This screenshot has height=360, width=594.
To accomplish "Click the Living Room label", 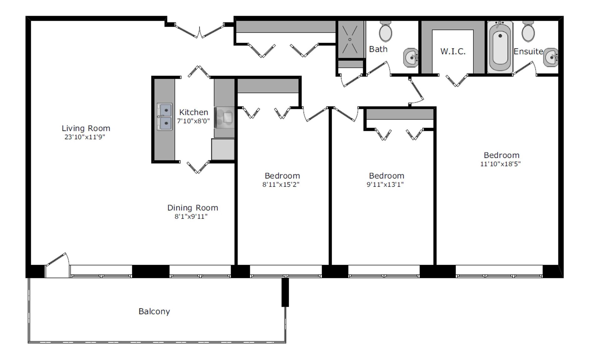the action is pyautogui.click(x=86, y=128).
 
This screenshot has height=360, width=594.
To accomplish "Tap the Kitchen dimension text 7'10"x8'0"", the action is pyautogui.click(x=193, y=121).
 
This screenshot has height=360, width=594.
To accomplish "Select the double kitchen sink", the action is pyautogui.click(x=164, y=117).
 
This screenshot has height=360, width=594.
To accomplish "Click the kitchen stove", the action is pyautogui.click(x=224, y=117).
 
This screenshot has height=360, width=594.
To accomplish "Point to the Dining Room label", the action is pyautogui.click(x=193, y=208).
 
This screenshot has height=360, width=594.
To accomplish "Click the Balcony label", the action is pyautogui.click(x=154, y=311).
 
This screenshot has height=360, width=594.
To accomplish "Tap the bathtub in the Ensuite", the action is pyautogui.click(x=500, y=47).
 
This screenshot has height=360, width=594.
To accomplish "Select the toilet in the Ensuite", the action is pyautogui.click(x=528, y=32).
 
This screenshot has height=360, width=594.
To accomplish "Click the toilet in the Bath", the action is pyautogui.click(x=385, y=32).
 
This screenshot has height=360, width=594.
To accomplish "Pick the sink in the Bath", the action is pyautogui.click(x=411, y=57).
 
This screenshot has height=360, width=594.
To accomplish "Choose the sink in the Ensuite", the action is pyautogui.click(x=551, y=57).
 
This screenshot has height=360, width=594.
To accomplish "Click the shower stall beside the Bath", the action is pyautogui.click(x=350, y=39).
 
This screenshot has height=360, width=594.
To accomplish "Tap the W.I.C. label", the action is pyautogui.click(x=453, y=51).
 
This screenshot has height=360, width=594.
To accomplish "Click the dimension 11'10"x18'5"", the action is pyautogui.click(x=500, y=164).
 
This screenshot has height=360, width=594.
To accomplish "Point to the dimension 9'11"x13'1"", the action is pyautogui.click(x=385, y=184).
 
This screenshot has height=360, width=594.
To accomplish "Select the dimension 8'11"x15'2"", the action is pyautogui.click(x=281, y=184).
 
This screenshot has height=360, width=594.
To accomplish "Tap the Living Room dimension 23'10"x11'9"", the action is pyautogui.click(x=85, y=137).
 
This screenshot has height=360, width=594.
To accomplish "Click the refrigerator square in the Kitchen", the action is pyautogui.click(x=223, y=149).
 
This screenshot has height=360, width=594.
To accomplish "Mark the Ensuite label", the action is pyautogui.click(x=528, y=51).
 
